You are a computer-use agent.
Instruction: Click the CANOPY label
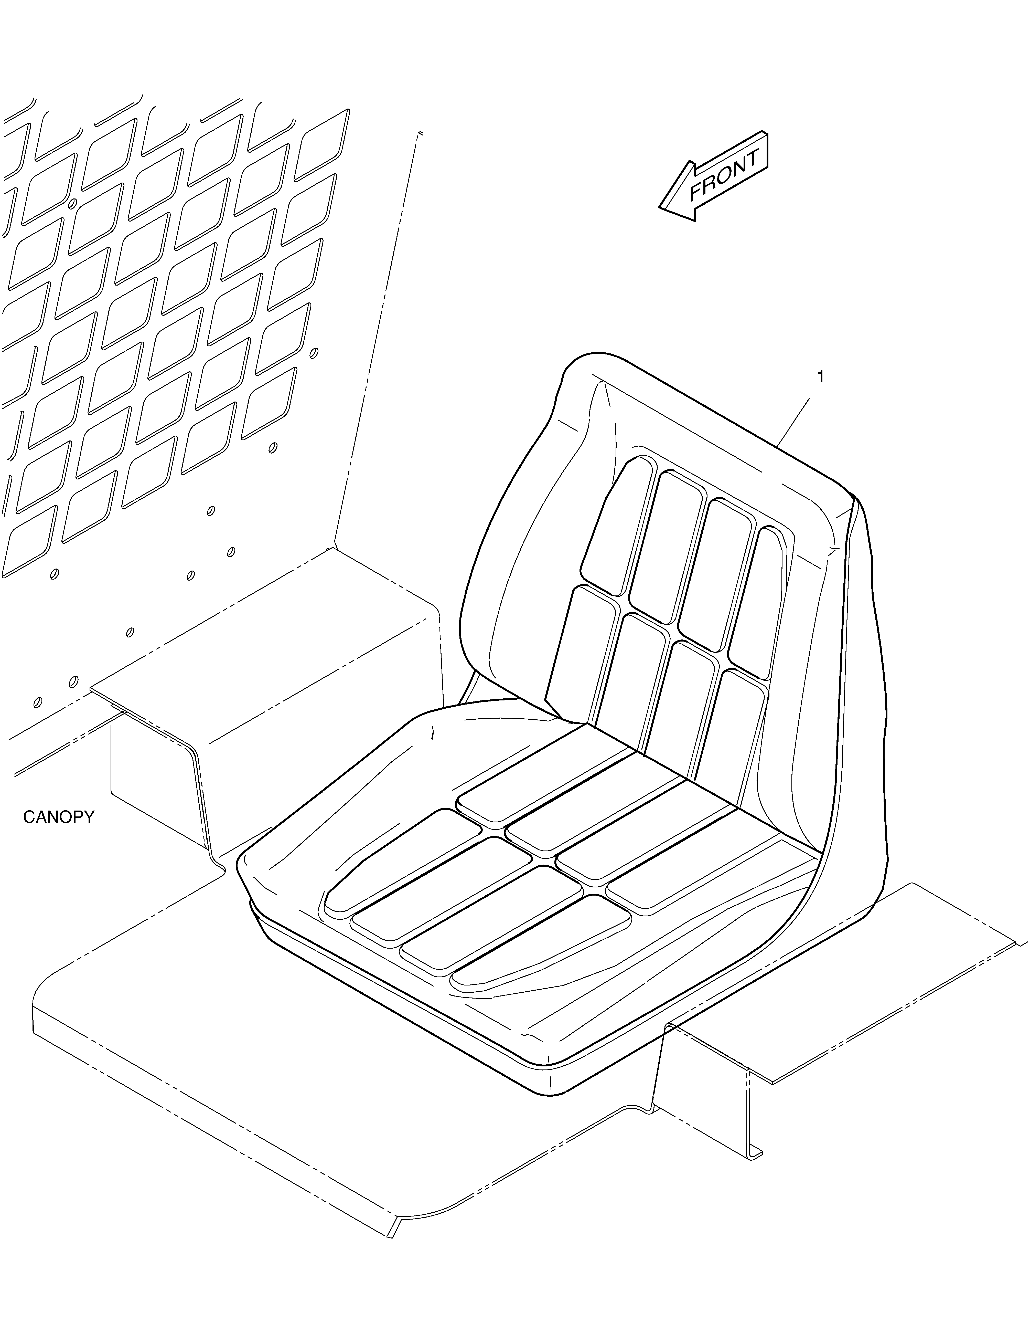pos(59,817)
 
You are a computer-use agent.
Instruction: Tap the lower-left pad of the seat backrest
pos(580,653)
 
